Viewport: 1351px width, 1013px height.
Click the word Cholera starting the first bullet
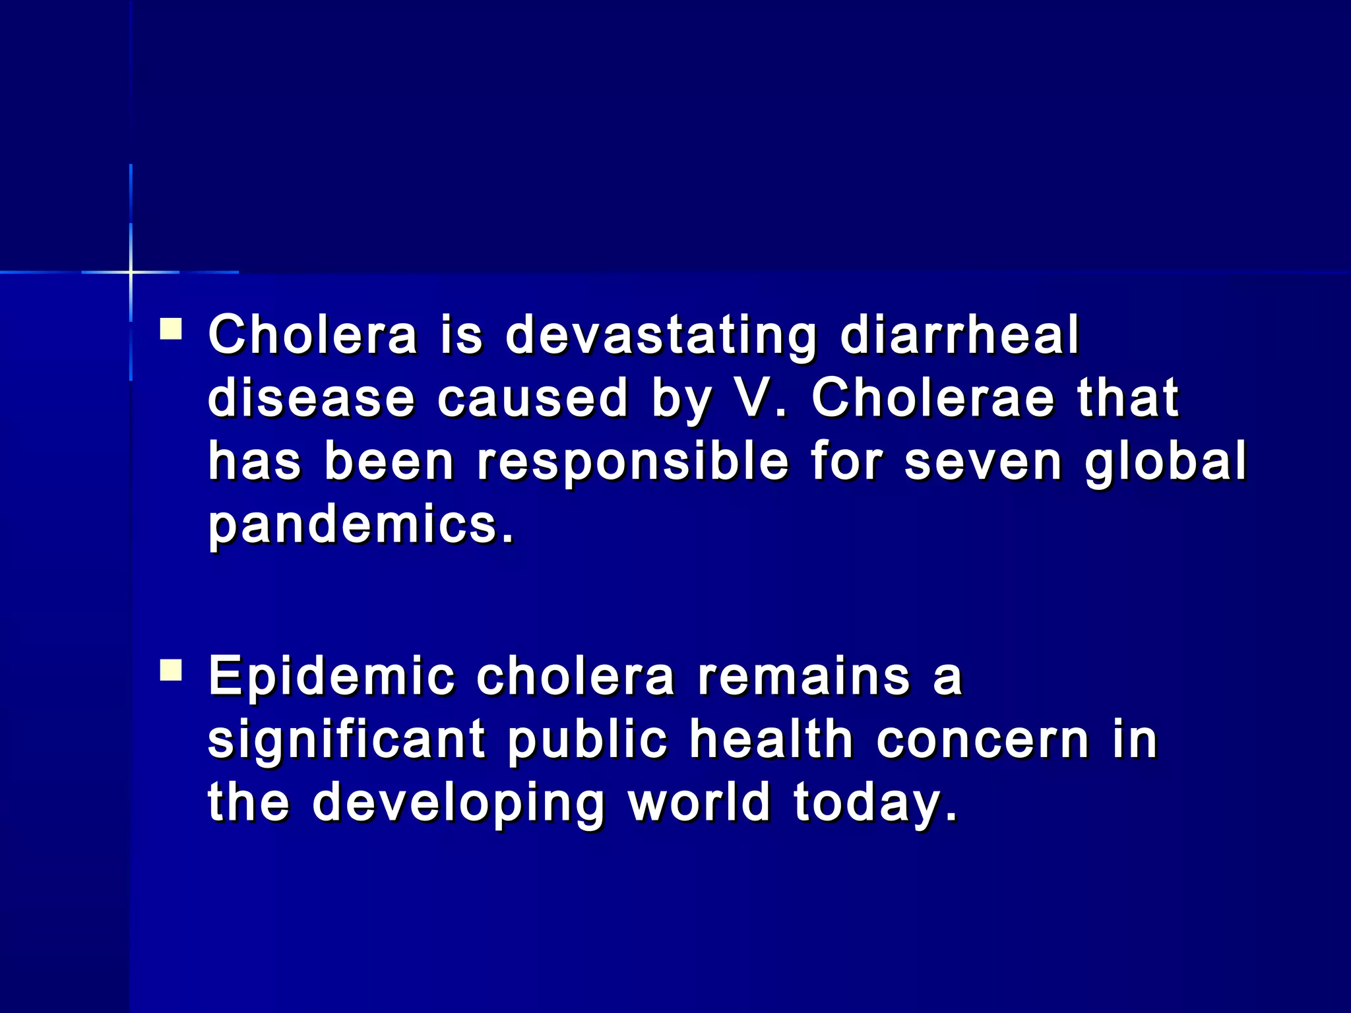coord(313,334)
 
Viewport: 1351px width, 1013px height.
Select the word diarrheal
coord(959,334)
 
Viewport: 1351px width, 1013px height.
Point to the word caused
coord(532,398)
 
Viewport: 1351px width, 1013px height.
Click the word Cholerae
coord(933,398)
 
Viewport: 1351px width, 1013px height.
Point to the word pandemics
coord(360,526)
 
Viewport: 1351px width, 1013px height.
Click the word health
coord(771,739)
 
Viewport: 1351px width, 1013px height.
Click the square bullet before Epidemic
coord(171,671)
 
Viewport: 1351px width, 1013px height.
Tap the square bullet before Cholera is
coord(171,328)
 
